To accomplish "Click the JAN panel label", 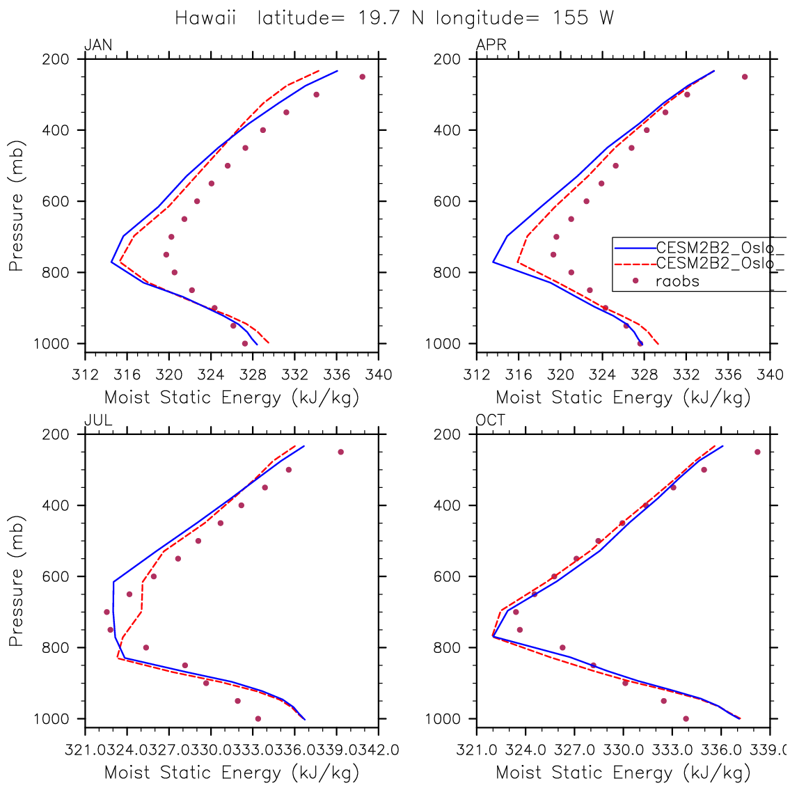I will [x=97, y=46].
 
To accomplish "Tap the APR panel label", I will [x=491, y=46].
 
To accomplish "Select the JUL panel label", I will [x=97, y=421].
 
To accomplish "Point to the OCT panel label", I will [x=491, y=421].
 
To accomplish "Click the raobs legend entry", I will [x=677, y=281].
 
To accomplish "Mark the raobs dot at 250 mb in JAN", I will [x=362, y=77].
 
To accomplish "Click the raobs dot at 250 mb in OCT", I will [x=757, y=452].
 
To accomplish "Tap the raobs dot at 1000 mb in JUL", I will [x=258, y=718].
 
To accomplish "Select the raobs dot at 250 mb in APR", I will [x=744, y=77].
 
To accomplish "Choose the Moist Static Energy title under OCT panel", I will [x=623, y=773].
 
